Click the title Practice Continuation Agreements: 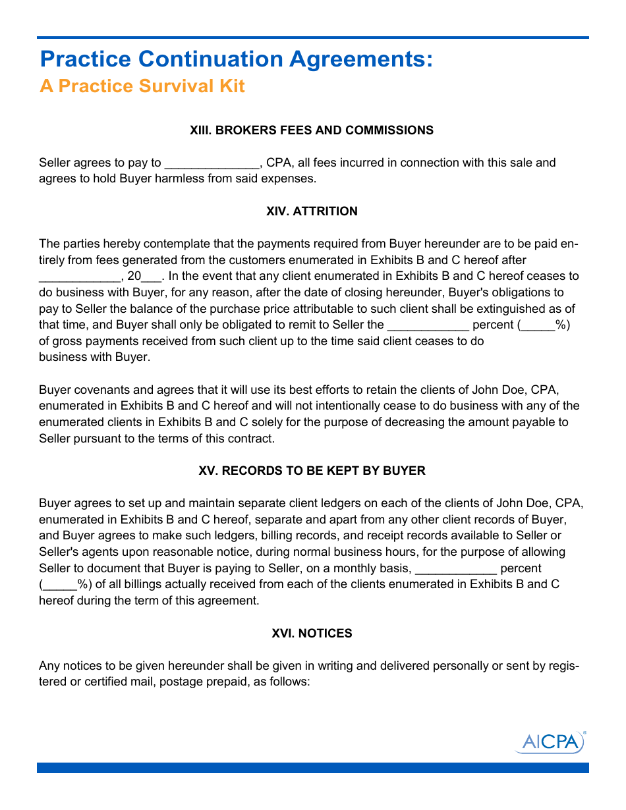pos(237,59)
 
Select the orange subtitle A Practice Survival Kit pos(142,86)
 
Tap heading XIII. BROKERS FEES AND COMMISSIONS pos(312,130)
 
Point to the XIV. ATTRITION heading pos(312,211)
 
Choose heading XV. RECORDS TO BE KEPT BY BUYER pos(312,471)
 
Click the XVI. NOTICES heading pos(312,634)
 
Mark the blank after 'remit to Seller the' pos(428,325)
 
